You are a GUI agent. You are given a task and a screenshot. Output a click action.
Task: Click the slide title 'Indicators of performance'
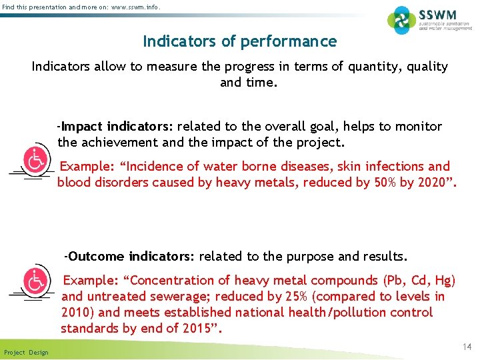[x=240, y=41]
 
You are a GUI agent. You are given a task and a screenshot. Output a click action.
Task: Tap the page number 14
[x=467, y=347]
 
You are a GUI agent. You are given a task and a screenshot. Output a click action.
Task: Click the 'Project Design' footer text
[x=26, y=352]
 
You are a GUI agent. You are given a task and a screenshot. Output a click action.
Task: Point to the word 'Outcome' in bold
[x=96, y=256]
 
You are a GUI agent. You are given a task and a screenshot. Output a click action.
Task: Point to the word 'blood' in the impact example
[x=74, y=183]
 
